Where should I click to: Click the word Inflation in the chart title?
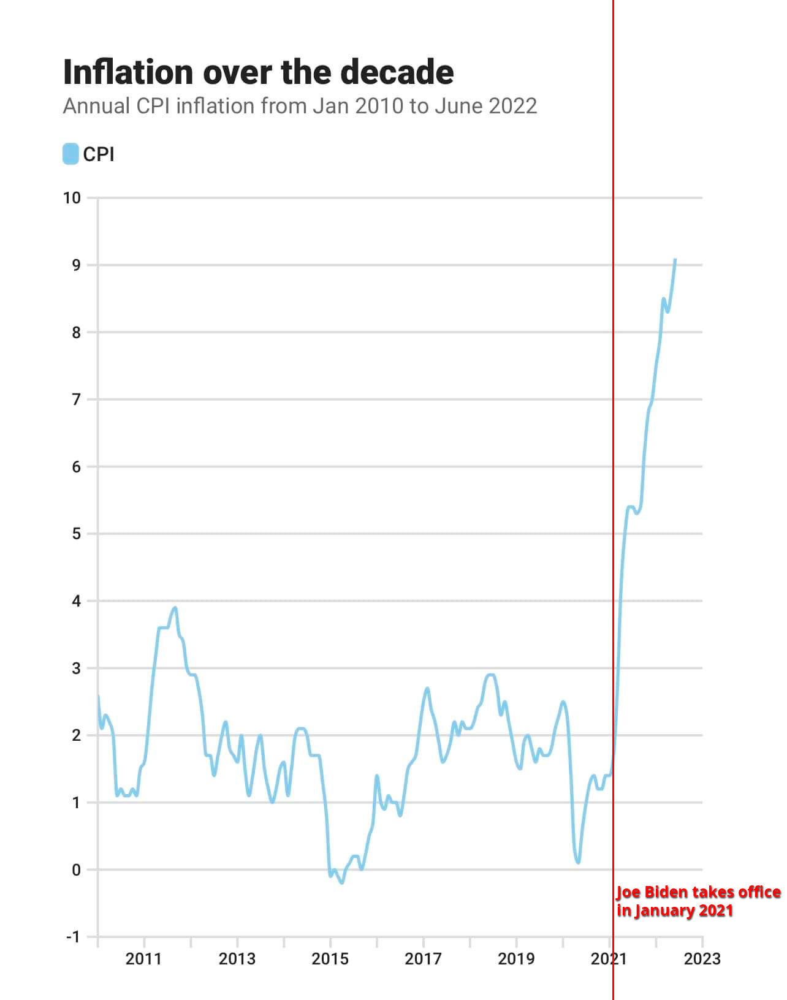click(128, 72)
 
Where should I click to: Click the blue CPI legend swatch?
click(70, 154)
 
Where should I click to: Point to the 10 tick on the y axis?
click(72, 198)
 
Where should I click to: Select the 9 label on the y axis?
click(76, 265)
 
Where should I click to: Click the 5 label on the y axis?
click(76, 534)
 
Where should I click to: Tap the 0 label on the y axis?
click(76, 870)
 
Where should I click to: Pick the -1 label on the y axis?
click(73, 937)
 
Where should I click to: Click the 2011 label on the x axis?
click(143, 959)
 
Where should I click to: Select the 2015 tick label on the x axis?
click(330, 959)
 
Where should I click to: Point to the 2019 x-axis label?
click(516, 959)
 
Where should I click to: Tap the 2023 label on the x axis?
click(702, 959)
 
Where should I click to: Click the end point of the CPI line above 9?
click(675, 260)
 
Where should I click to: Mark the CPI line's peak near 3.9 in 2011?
click(175, 608)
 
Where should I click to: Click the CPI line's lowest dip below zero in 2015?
click(341, 882)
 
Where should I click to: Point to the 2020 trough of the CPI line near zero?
click(578, 862)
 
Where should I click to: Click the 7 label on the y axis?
click(76, 400)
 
